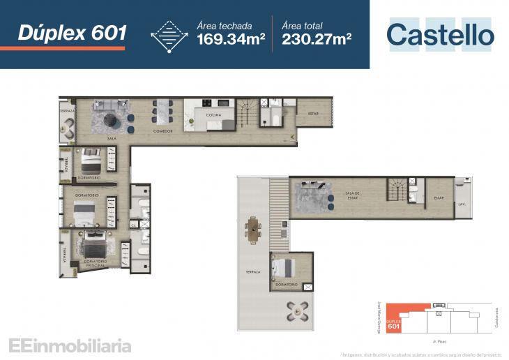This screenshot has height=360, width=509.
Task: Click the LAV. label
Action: click(462, 204)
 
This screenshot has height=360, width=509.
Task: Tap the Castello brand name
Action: click(440, 35)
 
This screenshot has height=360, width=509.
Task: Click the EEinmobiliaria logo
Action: click(70, 345)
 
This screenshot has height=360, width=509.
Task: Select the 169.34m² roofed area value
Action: click(231, 39)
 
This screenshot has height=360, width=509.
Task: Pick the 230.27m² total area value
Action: click(317, 39)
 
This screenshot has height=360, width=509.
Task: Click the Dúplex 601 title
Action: click(73, 32)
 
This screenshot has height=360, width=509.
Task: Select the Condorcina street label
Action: click(497, 319)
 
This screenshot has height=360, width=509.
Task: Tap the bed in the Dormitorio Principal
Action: click(93, 246)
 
